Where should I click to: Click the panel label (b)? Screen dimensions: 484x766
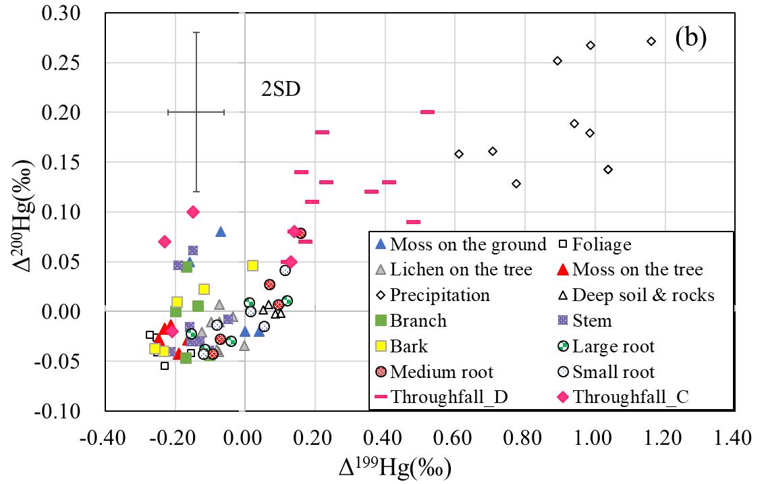[690, 39]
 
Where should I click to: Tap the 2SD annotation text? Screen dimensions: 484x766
[281, 89]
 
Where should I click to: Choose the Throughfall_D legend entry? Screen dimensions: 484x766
[449, 398]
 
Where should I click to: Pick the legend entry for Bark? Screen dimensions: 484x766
[409, 346]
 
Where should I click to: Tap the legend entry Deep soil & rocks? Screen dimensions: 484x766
[642, 295]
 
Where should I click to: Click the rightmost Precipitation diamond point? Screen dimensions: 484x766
[651, 41]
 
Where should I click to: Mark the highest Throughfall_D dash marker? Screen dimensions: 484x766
[427, 112]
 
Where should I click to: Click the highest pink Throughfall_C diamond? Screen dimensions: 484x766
[193, 212]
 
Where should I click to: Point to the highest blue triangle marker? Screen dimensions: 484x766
[221, 232]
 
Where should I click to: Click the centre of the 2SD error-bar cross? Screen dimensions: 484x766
[196, 112]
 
